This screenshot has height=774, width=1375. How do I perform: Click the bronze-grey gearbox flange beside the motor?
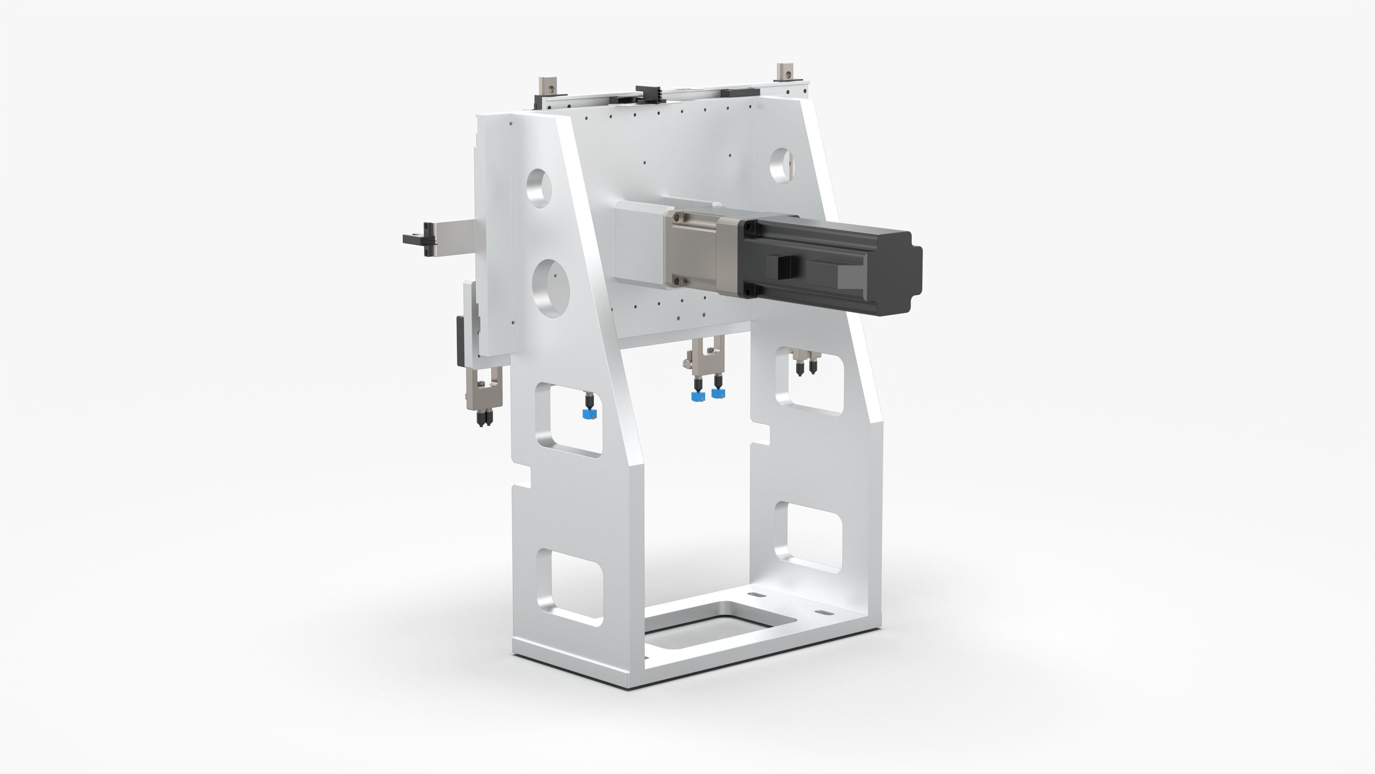coord(694,251)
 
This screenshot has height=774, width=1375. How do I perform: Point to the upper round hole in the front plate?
coord(539,188)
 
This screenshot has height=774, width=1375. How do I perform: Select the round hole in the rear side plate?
coord(782,167)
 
